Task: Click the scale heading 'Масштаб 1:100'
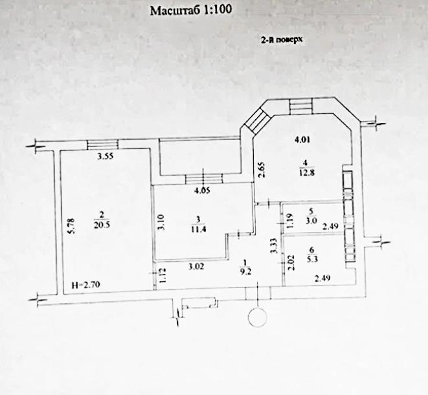point(191,10)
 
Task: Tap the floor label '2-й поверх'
point(282,40)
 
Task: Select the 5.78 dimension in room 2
point(71,225)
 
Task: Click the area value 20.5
point(102,225)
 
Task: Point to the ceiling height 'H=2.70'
point(86,285)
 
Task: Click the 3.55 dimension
point(106,157)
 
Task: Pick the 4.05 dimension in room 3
point(202,190)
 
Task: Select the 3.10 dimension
point(161,222)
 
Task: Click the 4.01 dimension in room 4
point(303,141)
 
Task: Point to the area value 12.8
point(307,172)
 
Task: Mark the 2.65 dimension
point(260,170)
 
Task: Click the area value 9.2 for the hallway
point(245,272)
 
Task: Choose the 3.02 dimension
point(196,266)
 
